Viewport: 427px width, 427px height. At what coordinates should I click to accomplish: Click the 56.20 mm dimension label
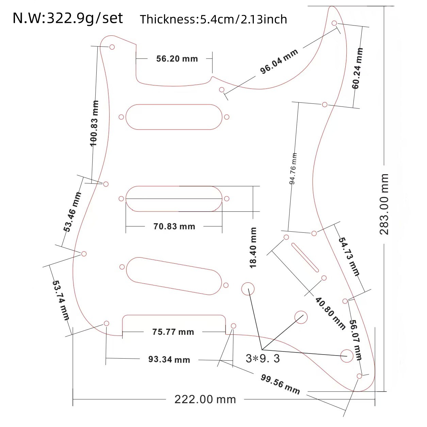click(x=177, y=59)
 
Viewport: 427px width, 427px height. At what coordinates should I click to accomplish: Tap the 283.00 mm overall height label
click(x=384, y=204)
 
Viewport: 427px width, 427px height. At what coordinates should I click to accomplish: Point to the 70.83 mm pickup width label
click(x=174, y=227)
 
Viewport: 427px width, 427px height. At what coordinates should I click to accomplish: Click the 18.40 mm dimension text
click(x=253, y=248)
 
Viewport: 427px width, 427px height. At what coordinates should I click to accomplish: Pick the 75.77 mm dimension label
click(x=173, y=332)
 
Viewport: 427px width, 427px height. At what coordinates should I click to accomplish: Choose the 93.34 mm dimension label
click(x=169, y=359)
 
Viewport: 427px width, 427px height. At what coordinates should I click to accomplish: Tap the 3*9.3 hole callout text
click(x=263, y=359)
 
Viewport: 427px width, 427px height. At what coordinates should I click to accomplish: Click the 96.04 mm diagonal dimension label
click(x=279, y=61)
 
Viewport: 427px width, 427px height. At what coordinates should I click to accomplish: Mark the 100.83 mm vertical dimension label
click(x=94, y=123)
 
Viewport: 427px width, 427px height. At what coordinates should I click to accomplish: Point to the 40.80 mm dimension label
click(x=330, y=313)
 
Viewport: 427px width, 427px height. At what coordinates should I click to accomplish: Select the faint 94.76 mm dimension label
click(x=293, y=169)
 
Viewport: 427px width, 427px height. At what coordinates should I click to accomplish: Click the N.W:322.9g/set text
click(x=68, y=18)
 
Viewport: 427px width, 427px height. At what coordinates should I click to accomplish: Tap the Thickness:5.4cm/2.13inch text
click(x=213, y=19)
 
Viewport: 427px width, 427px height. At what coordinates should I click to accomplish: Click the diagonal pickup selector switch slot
click(x=305, y=257)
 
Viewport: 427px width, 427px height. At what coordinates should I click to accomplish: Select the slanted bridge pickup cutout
click(x=174, y=276)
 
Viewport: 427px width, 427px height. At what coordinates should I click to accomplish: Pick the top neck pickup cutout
click(x=174, y=117)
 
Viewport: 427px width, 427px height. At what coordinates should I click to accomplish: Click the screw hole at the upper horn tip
click(x=334, y=23)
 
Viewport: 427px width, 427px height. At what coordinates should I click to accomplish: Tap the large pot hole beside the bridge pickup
click(x=248, y=289)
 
